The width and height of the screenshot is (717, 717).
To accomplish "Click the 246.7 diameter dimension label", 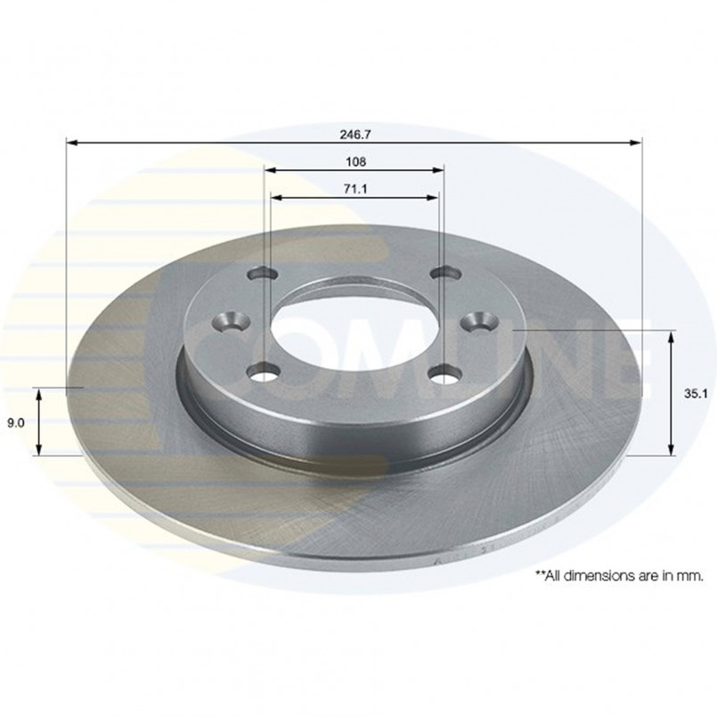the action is point(355,134).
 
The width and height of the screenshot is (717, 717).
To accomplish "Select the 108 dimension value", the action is point(355,161).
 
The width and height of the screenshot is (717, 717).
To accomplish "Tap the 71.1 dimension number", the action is point(355,189).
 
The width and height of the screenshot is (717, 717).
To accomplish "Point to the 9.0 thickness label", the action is point(15,423).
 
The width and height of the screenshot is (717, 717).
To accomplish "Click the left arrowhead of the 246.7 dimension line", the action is point(72,143).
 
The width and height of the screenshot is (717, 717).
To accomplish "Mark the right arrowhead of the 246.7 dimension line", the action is point(636,143).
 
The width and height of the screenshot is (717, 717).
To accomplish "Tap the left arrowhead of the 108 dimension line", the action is point(270,170).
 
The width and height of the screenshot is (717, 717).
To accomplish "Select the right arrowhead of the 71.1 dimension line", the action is point(433,198).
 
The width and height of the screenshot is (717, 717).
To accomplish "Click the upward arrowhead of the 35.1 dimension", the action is point(672,337).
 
